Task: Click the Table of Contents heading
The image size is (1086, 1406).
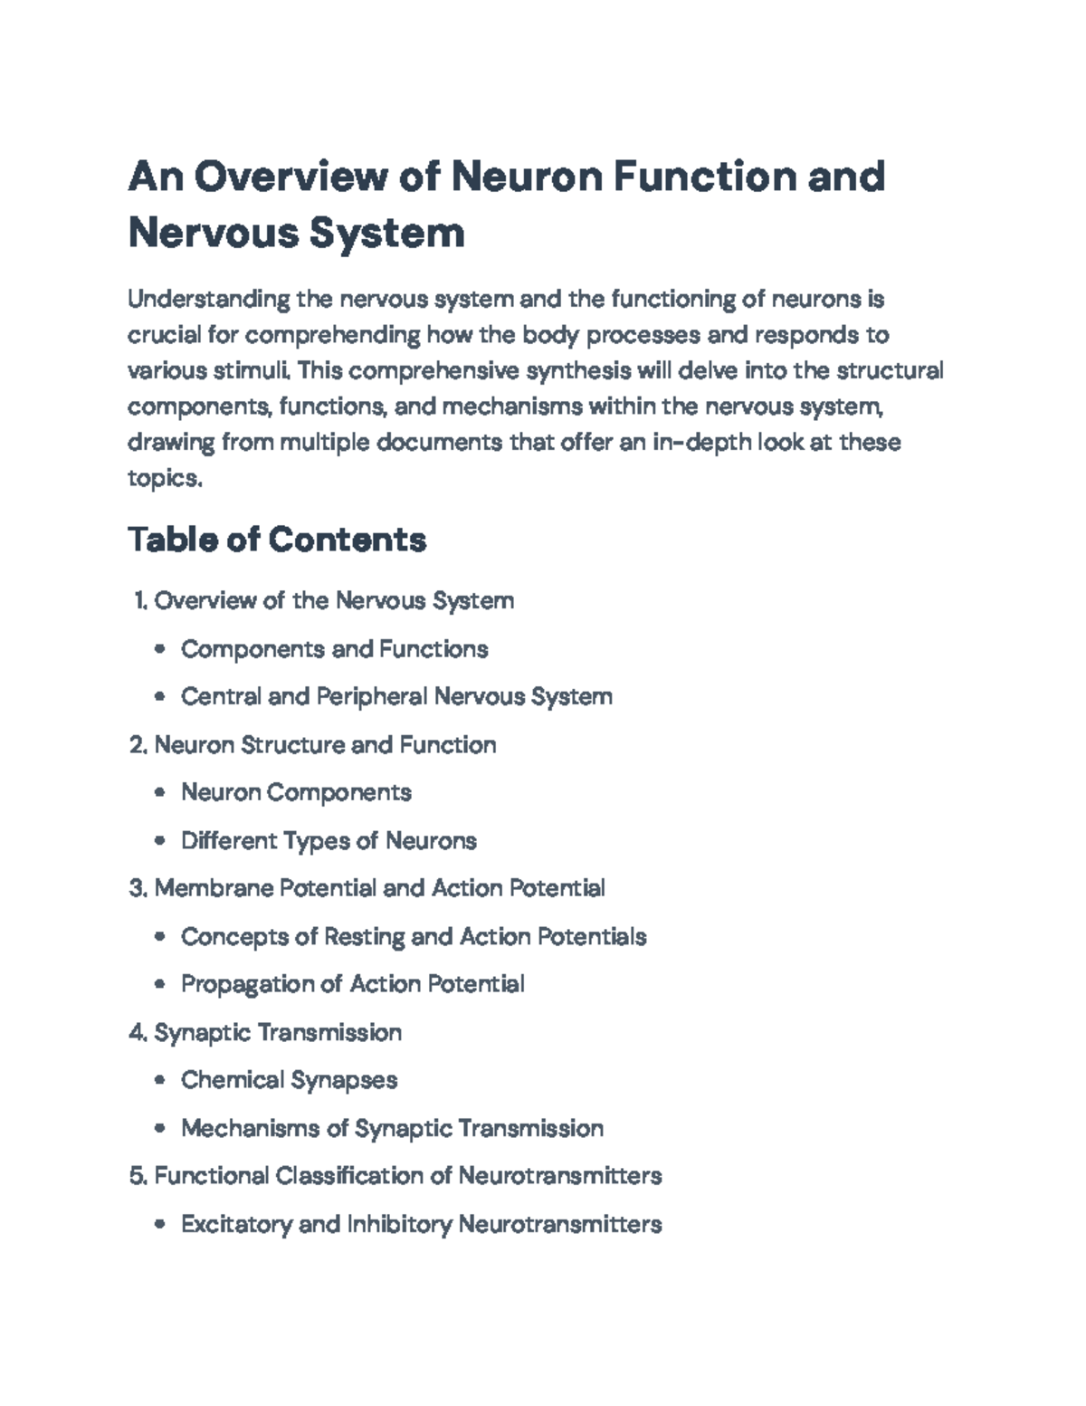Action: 277,540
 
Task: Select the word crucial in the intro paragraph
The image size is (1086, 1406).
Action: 165,335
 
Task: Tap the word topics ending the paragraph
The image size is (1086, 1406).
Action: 163,478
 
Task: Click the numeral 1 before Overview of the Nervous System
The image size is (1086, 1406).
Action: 139,601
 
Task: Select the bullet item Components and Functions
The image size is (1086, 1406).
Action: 334,649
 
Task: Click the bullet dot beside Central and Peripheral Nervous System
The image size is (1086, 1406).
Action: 160,697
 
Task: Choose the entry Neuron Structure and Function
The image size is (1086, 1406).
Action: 325,745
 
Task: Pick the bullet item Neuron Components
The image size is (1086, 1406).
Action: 296,793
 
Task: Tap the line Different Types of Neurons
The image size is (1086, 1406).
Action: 329,841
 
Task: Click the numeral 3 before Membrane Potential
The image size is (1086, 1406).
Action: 137,889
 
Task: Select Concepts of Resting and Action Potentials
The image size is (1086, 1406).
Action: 414,937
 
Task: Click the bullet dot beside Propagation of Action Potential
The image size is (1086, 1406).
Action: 160,985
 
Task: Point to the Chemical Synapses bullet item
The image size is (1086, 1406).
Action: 289,1080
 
